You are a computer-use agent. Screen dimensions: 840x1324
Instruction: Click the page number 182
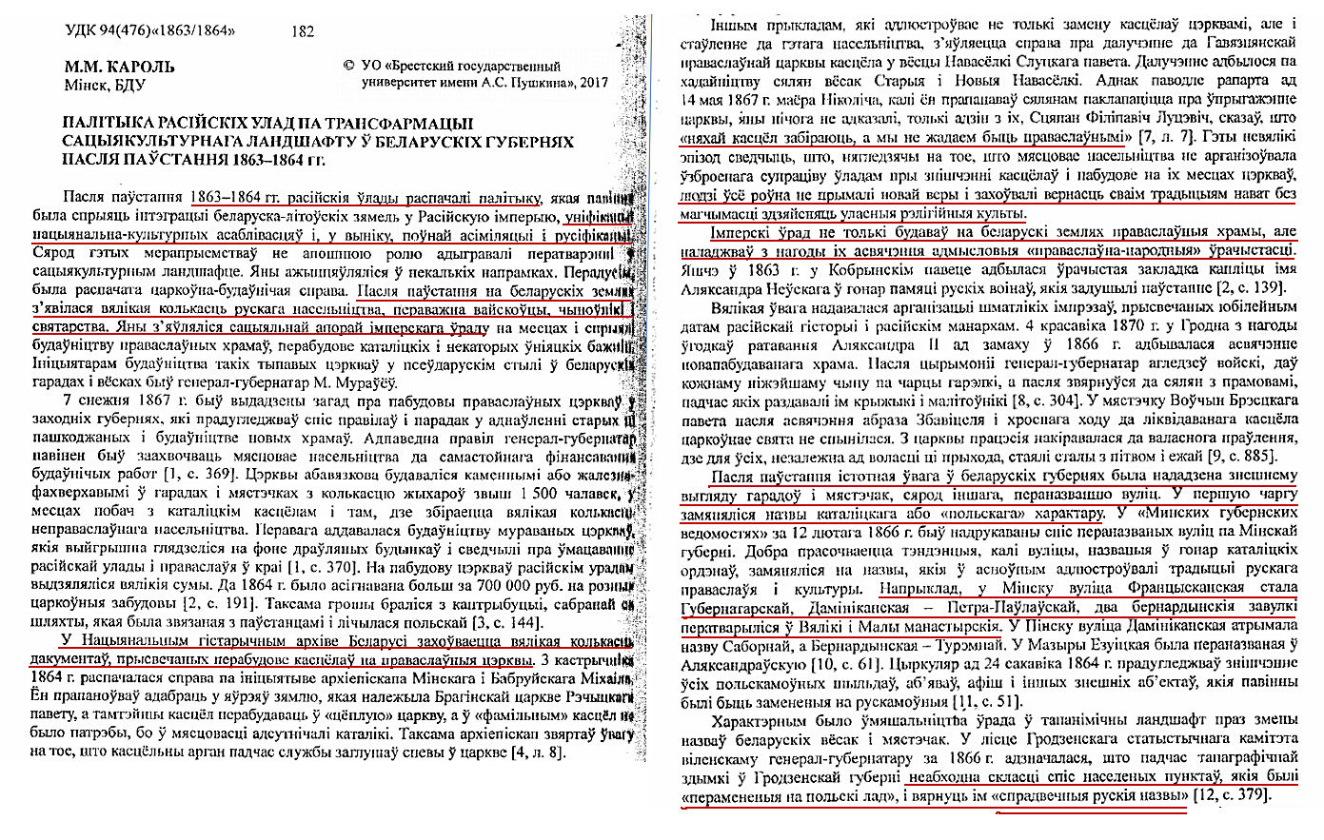[305, 31]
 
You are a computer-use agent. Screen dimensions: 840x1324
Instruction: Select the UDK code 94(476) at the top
[124, 30]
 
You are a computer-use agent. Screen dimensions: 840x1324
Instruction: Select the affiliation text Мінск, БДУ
[104, 85]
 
